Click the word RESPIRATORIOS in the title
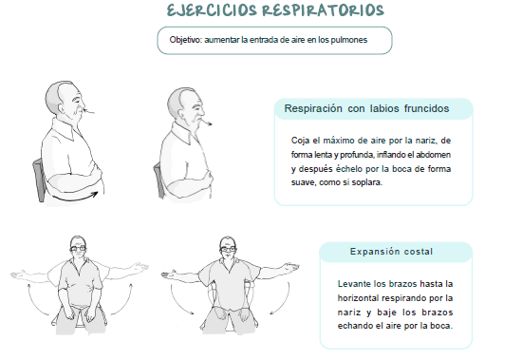[x=323, y=10]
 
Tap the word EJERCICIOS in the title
[x=212, y=10]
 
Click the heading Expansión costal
[x=391, y=252]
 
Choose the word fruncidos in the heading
[x=426, y=108]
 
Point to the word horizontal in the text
[x=358, y=297]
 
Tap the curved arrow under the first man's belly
[x=75, y=197]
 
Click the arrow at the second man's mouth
[x=206, y=123]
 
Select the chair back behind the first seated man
[x=39, y=180]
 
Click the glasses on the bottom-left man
[x=78, y=248]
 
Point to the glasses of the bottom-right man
[x=228, y=249]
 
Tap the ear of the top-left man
[x=64, y=107]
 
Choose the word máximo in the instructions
[x=339, y=141]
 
